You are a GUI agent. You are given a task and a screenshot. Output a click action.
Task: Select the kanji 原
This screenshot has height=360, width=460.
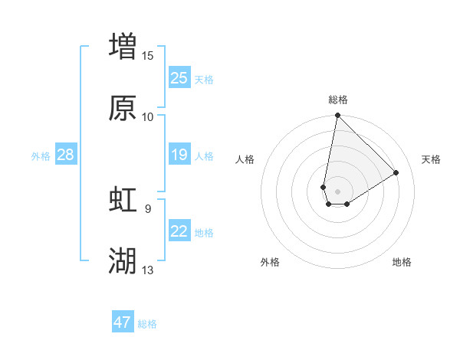pyautogui.click(x=123, y=108)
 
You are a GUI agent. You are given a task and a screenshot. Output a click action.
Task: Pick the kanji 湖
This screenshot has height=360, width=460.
pyautogui.click(x=123, y=261)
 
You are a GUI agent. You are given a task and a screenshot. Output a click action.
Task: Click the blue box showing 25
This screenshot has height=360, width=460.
pyautogui.click(x=179, y=77)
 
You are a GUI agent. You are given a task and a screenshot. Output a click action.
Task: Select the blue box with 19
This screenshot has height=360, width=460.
pyautogui.click(x=179, y=155)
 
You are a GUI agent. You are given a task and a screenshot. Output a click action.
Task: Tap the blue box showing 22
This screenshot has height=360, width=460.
pyautogui.click(x=179, y=231)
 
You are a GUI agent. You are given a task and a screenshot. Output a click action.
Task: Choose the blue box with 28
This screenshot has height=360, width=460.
pyautogui.click(x=65, y=155)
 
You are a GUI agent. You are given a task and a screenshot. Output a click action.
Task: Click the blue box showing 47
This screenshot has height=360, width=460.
pyautogui.click(x=123, y=322)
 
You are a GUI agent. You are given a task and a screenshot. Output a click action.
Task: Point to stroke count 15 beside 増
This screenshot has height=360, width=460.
pyautogui.click(x=148, y=55)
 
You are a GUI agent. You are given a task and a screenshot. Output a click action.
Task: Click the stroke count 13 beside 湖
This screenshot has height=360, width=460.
pyautogui.click(x=148, y=270)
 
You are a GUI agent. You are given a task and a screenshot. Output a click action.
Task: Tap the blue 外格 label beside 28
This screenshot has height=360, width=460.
pyautogui.click(x=41, y=156)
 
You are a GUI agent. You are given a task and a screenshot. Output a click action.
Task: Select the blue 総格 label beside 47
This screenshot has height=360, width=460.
pyautogui.click(x=147, y=324)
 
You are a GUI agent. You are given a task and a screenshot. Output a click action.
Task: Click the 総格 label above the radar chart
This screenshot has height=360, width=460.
pyautogui.click(x=337, y=100)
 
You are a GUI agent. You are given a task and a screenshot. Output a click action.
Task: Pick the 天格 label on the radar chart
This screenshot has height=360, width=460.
pyautogui.click(x=432, y=159)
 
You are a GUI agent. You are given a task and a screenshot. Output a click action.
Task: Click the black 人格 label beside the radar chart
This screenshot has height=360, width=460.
pyautogui.click(x=245, y=159)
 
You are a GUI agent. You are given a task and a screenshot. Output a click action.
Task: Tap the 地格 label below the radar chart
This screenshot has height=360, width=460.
pyautogui.click(x=402, y=262)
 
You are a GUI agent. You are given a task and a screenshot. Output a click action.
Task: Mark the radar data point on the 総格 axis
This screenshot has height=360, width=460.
pyautogui.click(x=337, y=116)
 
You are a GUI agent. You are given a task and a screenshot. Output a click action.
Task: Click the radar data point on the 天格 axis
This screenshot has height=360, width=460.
pyautogui.click(x=396, y=172)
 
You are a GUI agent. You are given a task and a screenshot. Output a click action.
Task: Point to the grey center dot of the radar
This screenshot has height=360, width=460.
pyautogui.click(x=337, y=191)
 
